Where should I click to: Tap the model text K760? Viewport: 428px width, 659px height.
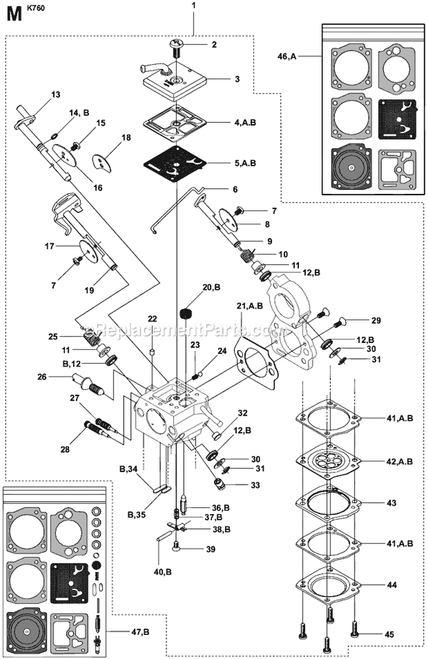pos(36,10)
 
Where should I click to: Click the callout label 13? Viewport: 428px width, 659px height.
pos(55,95)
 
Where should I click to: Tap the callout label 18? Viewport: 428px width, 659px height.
pos(126,138)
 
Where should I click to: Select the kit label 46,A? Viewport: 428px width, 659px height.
pos(287,56)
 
